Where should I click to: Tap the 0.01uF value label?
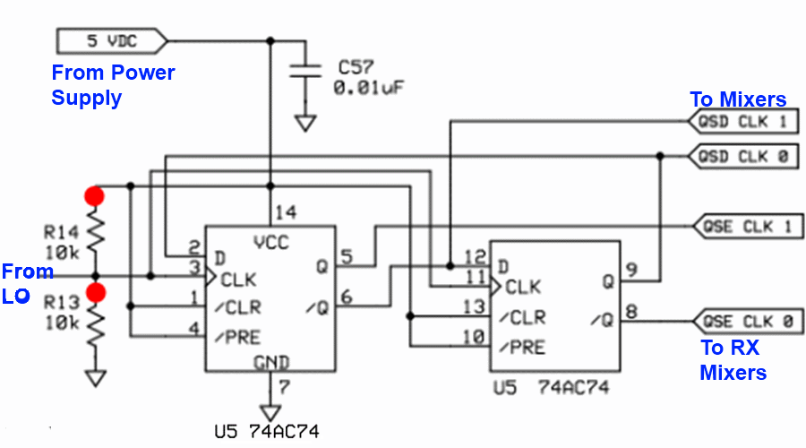(x=370, y=89)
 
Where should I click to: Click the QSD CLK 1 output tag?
(x=742, y=122)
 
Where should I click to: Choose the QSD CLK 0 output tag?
(x=742, y=156)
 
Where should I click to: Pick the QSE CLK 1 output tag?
(x=747, y=226)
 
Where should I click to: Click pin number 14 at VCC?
(x=286, y=213)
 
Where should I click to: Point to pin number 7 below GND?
(x=284, y=388)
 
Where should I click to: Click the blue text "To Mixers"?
(x=737, y=99)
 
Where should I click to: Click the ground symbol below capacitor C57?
(x=306, y=122)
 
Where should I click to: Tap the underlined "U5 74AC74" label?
(x=267, y=432)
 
